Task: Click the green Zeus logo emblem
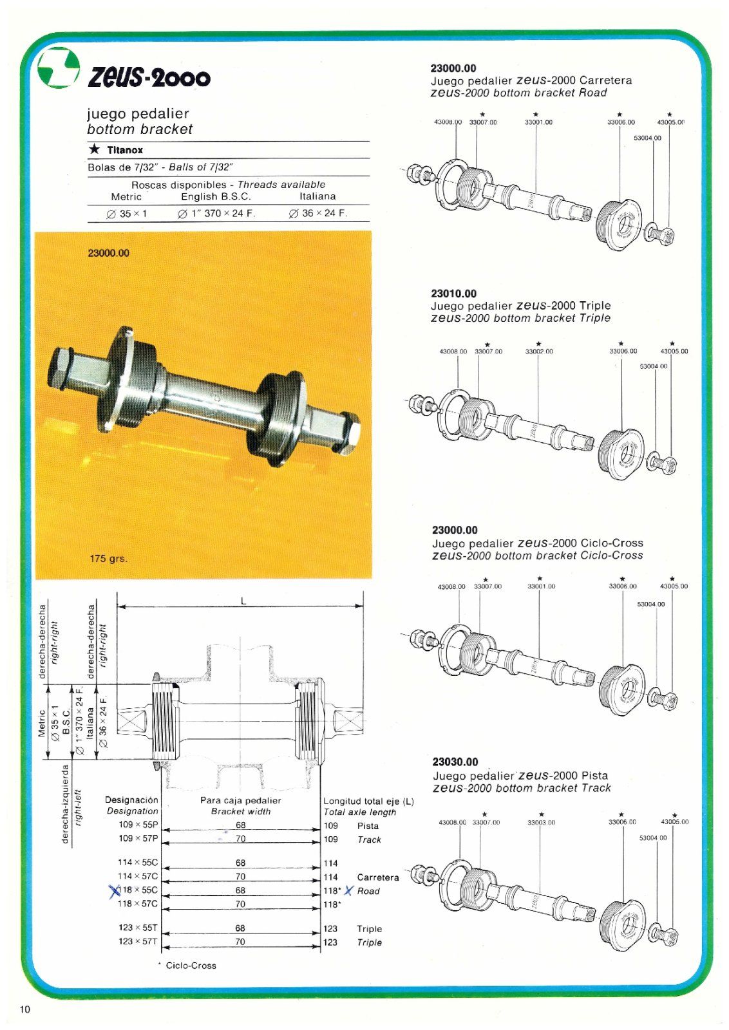pyautogui.click(x=58, y=68)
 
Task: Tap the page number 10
pyautogui.click(x=24, y=1009)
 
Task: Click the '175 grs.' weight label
pyautogui.click(x=108, y=558)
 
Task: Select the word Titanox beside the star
pyautogui.click(x=125, y=150)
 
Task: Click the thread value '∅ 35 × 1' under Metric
pyautogui.click(x=127, y=214)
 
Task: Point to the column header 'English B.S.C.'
pyautogui.click(x=216, y=197)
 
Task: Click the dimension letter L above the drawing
pyautogui.click(x=243, y=601)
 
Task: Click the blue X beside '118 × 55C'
pyautogui.click(x=115, y=891)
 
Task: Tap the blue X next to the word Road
pyautogui.click(x=348, y=891)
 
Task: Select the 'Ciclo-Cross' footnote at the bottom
pyautogui.click(x=191, y=966)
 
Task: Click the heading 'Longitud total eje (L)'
pyautogui.click(x=368, y=801)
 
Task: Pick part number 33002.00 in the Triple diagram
pyautogui.click(x=539, y=351)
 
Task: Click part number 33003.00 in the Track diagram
pyautogui.click(x=541, y=822)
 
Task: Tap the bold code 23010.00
pyautogui.click(x=454, y=294)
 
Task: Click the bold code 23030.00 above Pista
pyautogui.click(x=455, y=762)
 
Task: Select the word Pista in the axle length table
pyautogui.click(x=368, y=826)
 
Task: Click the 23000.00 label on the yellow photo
pyautogui.click(x=108, y=253)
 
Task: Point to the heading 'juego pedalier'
pyautogui.click(x=138, y=114)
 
